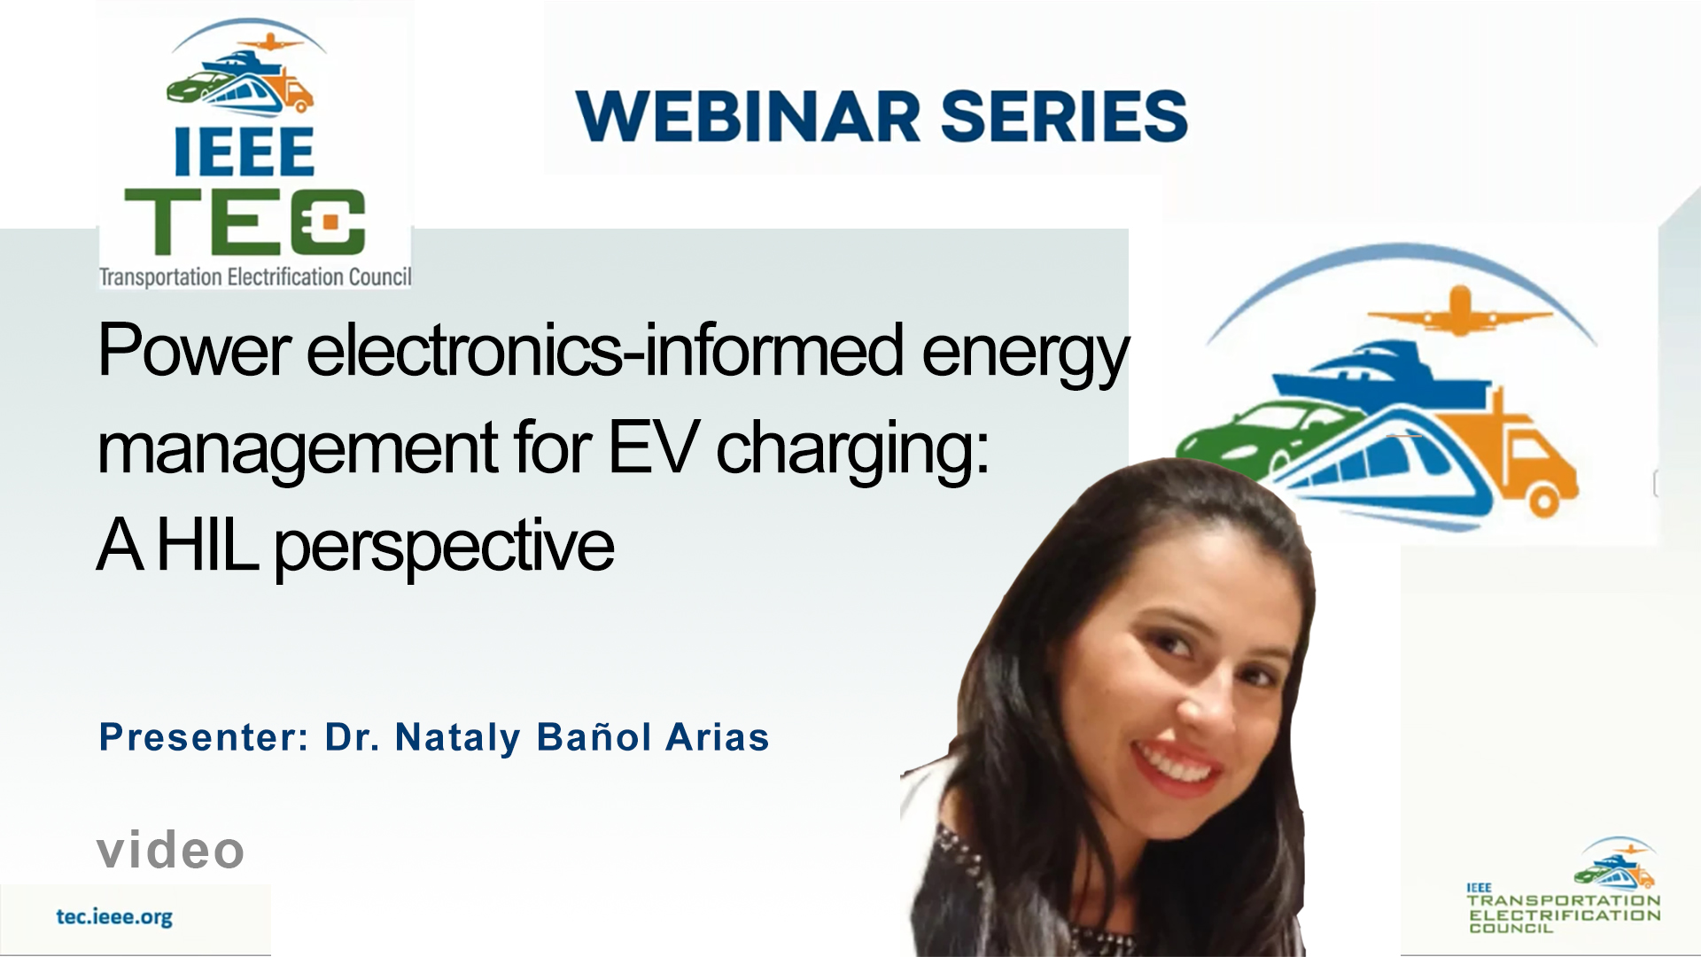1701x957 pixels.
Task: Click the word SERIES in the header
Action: point(1064,116)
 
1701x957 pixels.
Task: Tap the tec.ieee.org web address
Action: point(114,916)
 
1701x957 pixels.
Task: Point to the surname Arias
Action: point(718,737)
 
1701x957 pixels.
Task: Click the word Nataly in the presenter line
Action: point(458,738)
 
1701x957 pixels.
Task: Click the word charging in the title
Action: point(851,451)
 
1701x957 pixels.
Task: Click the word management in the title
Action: point(298,451)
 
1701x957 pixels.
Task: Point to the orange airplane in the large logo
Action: point(1460,310)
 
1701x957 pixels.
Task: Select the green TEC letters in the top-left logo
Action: point(245,222)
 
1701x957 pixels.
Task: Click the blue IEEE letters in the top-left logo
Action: point(244,152)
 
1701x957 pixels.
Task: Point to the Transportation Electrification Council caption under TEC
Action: point(255,276)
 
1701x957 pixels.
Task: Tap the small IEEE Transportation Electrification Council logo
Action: point(1564,885)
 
